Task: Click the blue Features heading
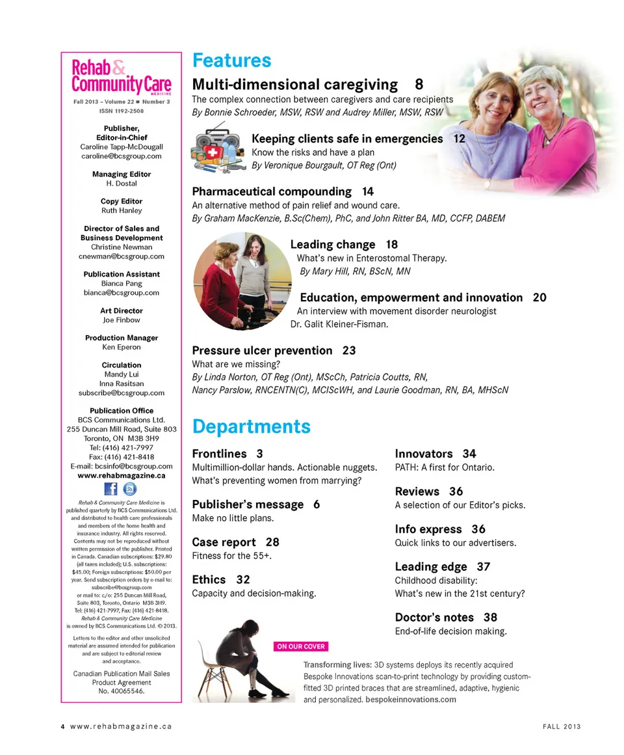click(231, 61)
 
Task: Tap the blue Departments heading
click(251, 426)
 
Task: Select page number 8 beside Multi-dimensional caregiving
click(419, 84)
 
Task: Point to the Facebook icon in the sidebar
click(110, 489)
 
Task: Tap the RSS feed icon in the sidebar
click(129, 489)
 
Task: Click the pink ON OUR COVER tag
click(301, 646)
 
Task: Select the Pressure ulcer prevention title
click(262, 350)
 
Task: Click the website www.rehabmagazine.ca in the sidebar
click(121, 475)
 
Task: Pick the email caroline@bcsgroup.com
click(121, 156)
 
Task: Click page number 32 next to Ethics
click(243, 579)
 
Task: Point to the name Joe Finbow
click(121, 320)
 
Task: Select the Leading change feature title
click(333, 245)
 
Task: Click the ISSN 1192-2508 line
click(121, 111)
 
